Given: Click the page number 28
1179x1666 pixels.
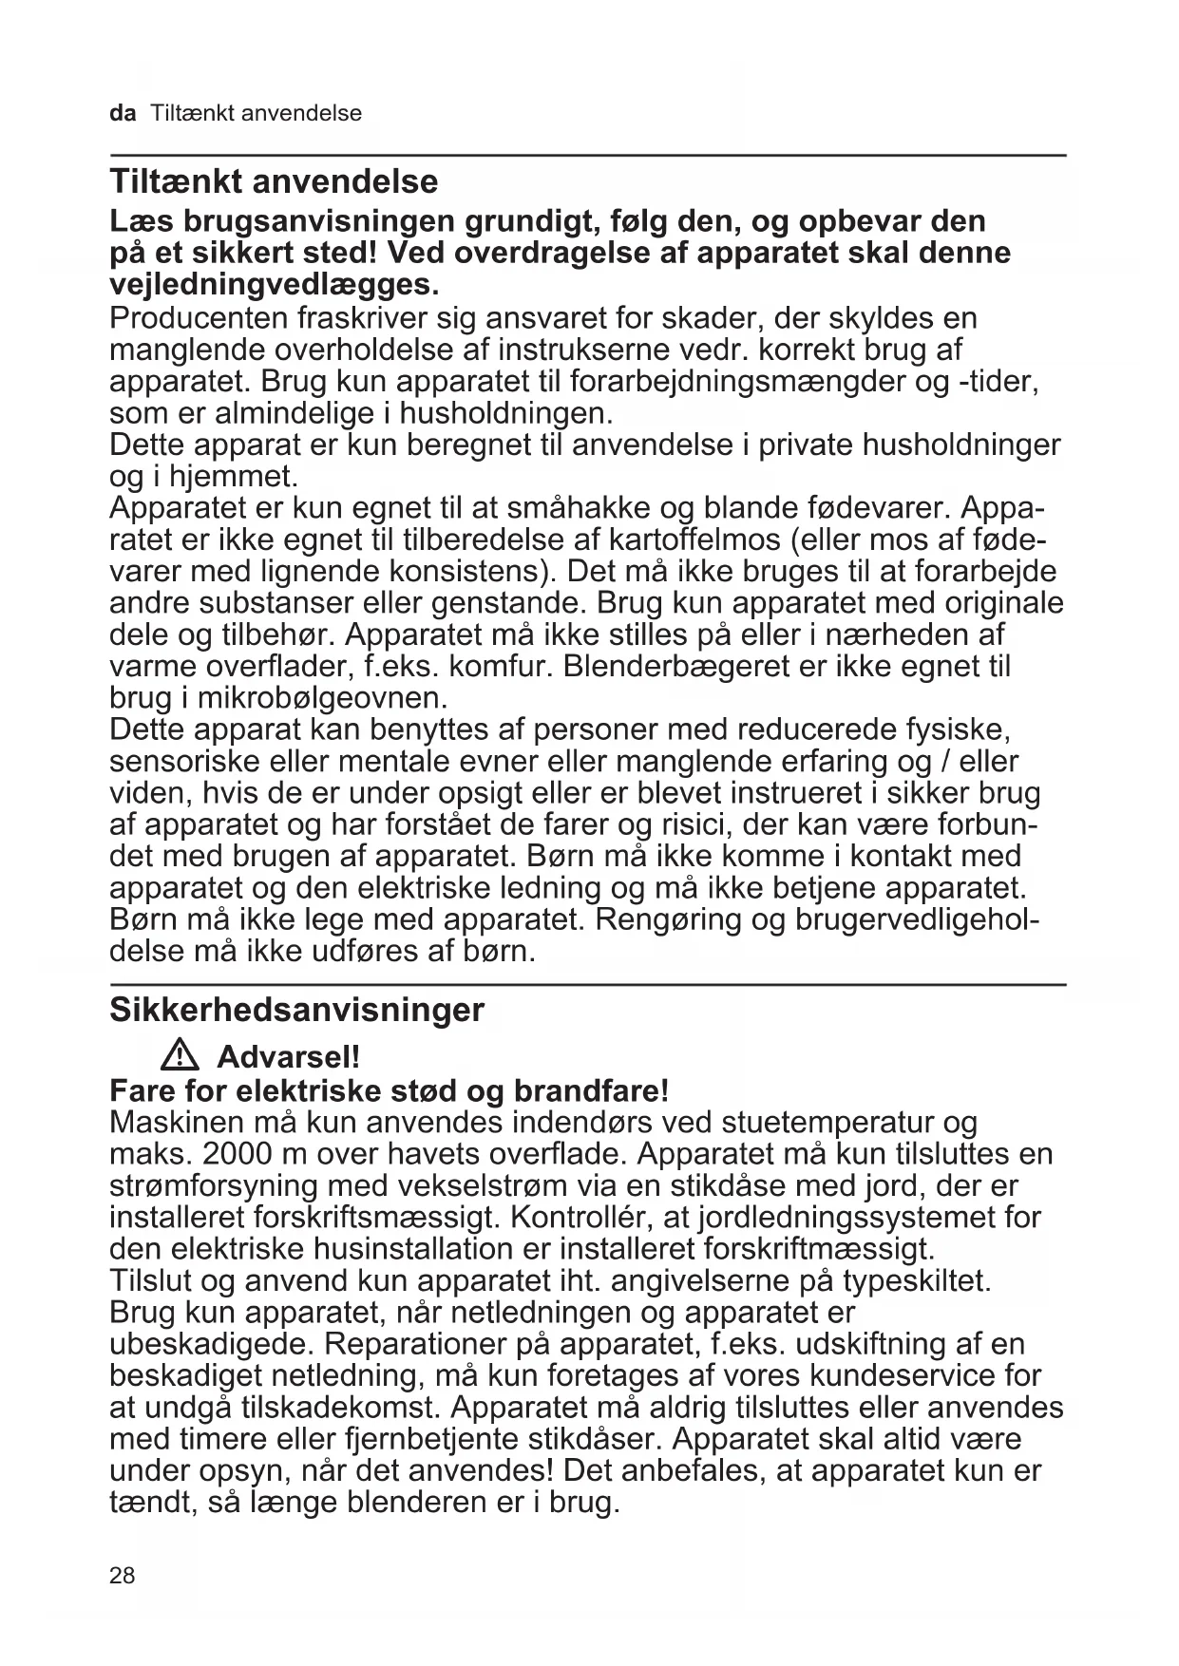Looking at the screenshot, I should coord(123,1576).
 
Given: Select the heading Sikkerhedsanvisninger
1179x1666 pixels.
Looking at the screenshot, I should coord(296,1010).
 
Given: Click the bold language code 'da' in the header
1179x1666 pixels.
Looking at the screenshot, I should coord(123,114).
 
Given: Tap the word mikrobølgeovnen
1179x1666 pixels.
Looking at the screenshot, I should coord(321,698).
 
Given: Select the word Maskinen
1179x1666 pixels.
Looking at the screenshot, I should coord(177,1122).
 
